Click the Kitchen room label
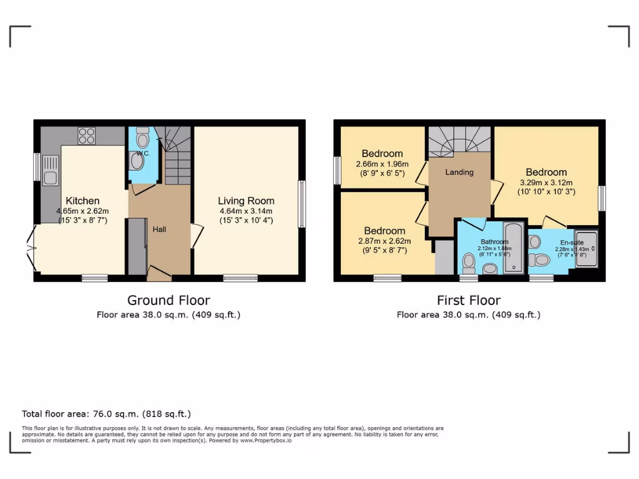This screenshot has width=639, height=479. (82, 201)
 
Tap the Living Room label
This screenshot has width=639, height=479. (246, 201)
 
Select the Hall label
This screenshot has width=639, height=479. (160, 230)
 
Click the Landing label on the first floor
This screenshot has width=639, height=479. (459, 172)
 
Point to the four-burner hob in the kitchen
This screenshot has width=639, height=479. (87, 136)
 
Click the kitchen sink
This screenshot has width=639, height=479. (51, 170)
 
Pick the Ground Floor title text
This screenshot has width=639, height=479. (168, 301)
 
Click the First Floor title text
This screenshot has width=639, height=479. (469, 301)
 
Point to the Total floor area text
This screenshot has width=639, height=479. (106, 414)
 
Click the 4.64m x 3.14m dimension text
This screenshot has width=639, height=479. (246, 211)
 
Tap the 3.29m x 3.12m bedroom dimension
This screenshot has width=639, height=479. (546, 183)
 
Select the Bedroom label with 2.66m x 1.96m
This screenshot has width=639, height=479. (382, 153)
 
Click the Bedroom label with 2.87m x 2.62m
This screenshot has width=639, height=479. (384, 231)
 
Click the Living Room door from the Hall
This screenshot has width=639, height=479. (197, 235)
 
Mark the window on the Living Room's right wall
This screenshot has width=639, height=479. (301, 204)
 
